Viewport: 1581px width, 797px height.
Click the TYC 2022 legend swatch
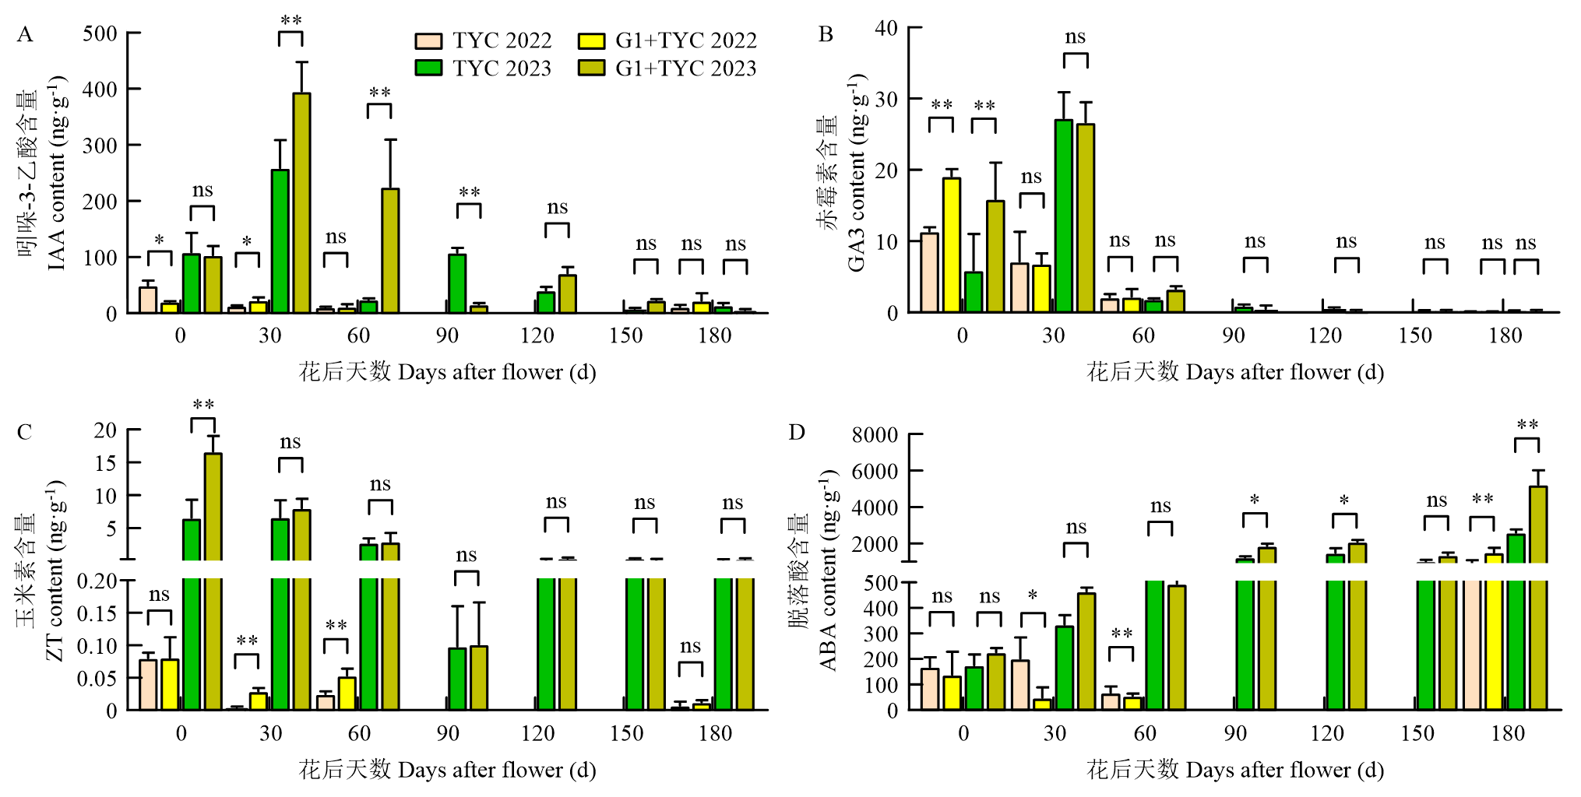(428, 40)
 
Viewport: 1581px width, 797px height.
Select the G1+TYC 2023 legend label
(685, 68)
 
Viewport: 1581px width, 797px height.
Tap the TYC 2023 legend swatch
(428, 68)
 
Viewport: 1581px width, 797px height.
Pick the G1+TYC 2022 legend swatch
(591, 40)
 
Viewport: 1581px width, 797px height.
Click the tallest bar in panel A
(301, 202)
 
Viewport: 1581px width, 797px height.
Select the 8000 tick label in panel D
(875, 434)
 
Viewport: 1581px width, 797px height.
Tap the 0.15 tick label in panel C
(97, 613)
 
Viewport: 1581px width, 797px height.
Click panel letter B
(826, 34)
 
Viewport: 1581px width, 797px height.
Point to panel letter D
(796, 432)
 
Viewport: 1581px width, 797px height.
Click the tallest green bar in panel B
(1063, 216)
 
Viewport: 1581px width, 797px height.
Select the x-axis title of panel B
(1235, 372)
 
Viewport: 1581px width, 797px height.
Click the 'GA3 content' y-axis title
(857, 173)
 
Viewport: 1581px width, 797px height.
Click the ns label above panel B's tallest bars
(1075, 37)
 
